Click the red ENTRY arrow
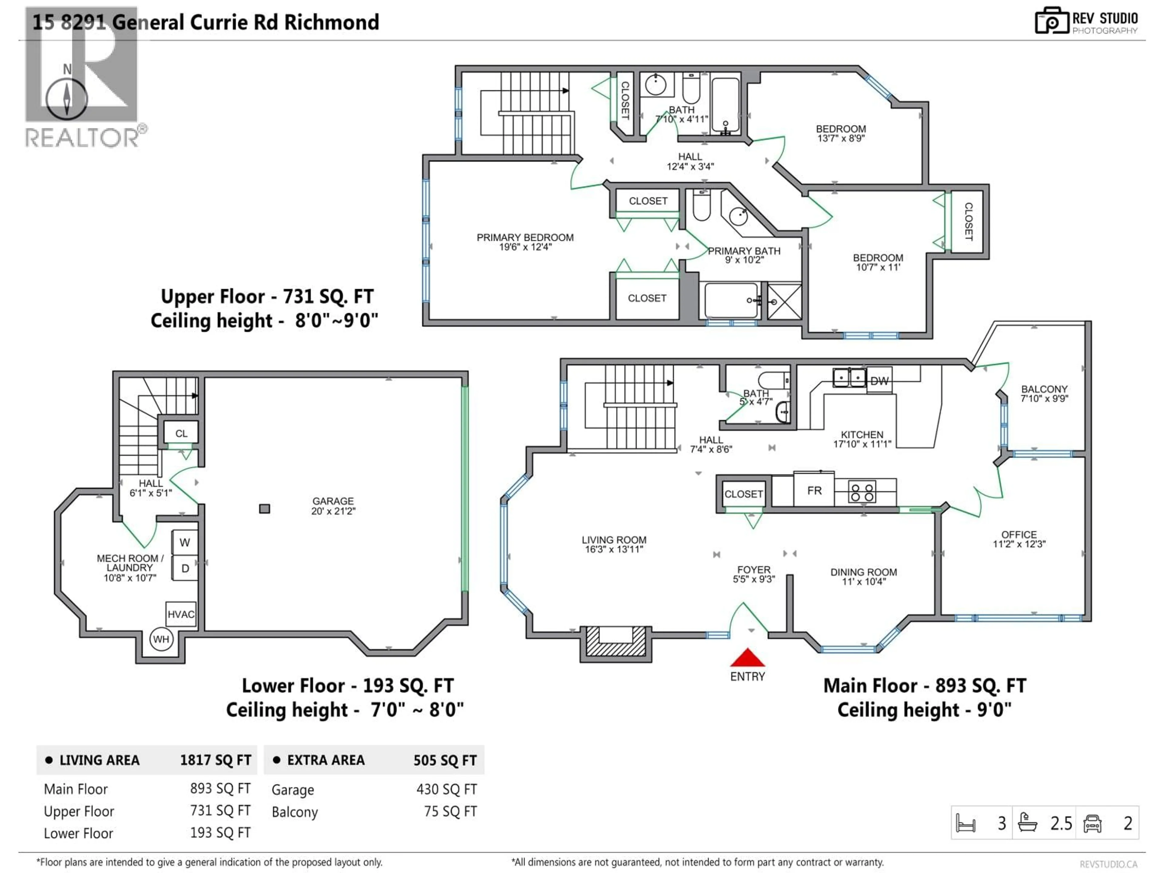click(747, 658)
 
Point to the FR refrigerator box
click(814, 490)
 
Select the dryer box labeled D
click(185, 568)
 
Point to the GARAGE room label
click(333, 501)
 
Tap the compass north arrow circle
click(67, 99)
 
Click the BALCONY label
click(1044, 389)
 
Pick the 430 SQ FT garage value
click(446, 789)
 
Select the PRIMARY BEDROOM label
click(525, 237)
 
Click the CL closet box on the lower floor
click(181, 433)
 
